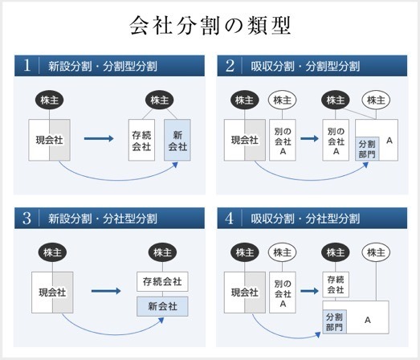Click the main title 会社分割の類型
tap(210, 26)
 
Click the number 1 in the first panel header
tap(27, 65)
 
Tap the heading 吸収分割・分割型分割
tap(305, 66)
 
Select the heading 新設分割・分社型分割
tap(103, 219)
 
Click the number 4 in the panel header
tap(230, 219)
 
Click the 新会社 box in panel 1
tap(177, 140)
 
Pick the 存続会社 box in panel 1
tap(141, 140)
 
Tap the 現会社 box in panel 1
tap(49, 140)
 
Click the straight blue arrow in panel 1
tap(99, 138)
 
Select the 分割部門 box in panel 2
tap(367, 149)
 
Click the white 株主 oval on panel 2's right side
tap(376, 100)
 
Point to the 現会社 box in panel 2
tap(245, 140)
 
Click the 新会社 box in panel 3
tap(162, 306)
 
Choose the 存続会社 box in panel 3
tap(162, 281)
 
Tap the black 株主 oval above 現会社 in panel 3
tap(52, 252)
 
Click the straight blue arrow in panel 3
tap(106, 291)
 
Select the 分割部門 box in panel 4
tap(335, 321)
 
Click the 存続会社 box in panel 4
tap(336, 284)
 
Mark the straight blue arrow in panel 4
tap(309, 291)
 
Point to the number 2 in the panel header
tap(230, 66)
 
